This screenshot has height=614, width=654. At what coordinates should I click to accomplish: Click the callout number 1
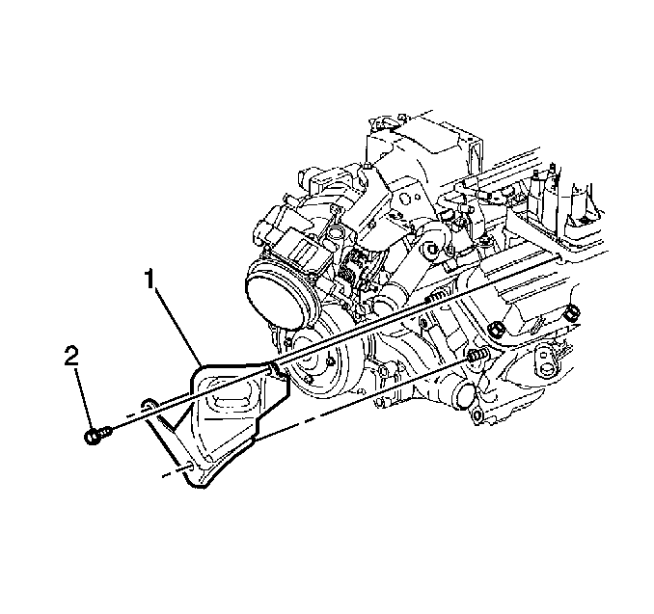150,280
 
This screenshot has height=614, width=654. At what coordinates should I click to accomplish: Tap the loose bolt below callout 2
98,435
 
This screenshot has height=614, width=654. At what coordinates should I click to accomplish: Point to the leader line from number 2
84,398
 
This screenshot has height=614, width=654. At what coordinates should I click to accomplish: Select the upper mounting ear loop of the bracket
149,405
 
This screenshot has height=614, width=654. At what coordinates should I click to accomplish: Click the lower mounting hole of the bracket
190,466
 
